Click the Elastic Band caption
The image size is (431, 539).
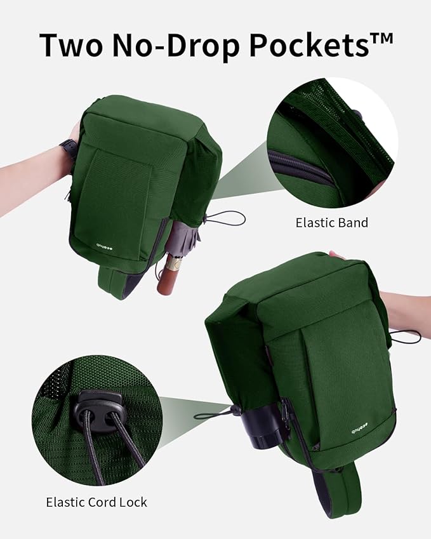coord(331,223)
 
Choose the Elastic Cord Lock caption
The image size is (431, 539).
coord(96,502)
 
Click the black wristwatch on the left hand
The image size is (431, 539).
coord(69,149)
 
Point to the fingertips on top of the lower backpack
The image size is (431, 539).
coord(336,255)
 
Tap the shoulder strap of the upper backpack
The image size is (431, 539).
coord(118,283)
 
